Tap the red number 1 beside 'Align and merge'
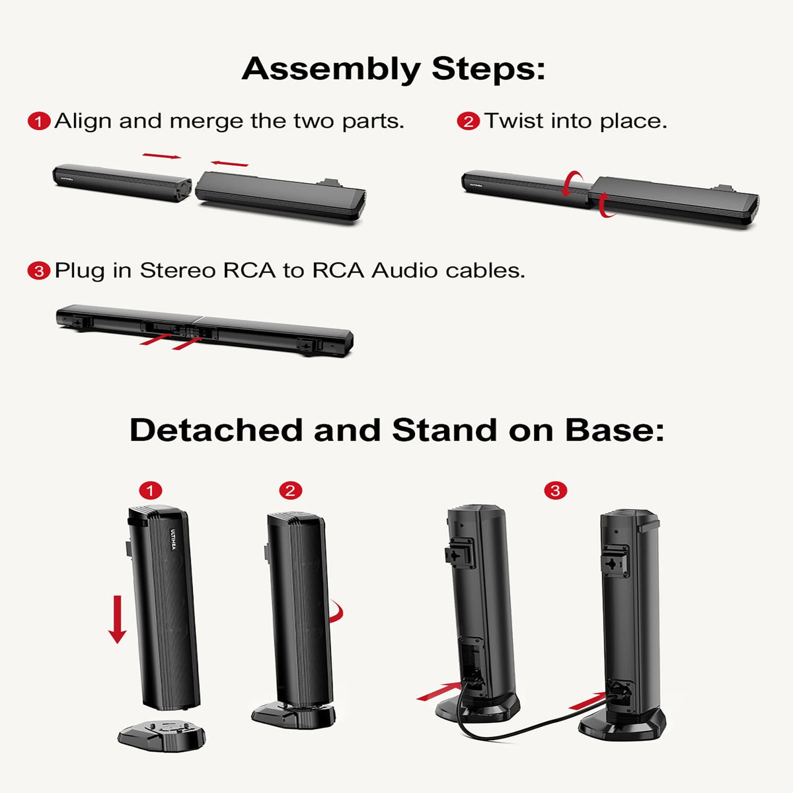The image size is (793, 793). pos(39,122)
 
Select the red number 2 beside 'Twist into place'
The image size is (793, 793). pos(468,122)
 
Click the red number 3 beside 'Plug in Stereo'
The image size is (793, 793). pos(39,271)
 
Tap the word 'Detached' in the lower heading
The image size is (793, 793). pos(216,430)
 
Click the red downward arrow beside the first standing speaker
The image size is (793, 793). pos(118,619)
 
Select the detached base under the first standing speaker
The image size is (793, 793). pos(161,734)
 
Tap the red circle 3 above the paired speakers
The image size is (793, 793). pos(555,490)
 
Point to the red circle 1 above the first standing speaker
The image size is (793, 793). pos(151,490)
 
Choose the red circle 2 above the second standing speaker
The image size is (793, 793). pos(290,490)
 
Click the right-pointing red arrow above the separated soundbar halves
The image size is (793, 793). pos(161,157)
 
